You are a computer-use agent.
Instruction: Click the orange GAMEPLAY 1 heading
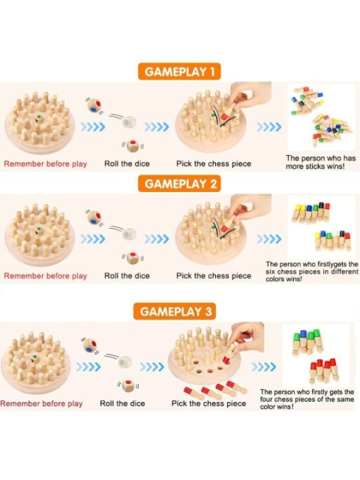pos(179,72)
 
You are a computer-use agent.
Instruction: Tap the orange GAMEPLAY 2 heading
pos(179,184)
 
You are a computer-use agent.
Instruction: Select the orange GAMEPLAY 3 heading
pos(175,311)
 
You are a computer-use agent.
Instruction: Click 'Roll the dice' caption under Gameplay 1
pos(127,163)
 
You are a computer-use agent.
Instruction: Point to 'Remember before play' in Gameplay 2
pos(45,276)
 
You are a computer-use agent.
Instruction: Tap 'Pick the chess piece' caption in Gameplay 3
pos(208,403)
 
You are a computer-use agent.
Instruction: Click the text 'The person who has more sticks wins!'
pos(320,162)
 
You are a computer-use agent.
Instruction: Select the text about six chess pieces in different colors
pos(312,271)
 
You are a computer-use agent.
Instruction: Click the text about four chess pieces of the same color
pos(307,399)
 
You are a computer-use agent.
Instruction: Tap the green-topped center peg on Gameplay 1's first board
pos(39,118)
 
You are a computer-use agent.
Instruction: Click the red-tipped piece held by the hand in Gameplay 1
pos(225,115)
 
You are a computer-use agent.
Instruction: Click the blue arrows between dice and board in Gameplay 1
pos(157,127)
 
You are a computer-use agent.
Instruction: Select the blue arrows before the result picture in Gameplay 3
pos(264,367)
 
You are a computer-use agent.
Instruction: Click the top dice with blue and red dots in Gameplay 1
pos(94,105)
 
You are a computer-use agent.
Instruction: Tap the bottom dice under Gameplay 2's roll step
pos(132,258)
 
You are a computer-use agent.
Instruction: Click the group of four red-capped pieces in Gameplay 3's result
pos(324,370)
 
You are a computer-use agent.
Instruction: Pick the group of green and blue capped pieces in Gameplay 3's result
pos(307,342)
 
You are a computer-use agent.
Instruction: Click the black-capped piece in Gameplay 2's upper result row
pos(321,210)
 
